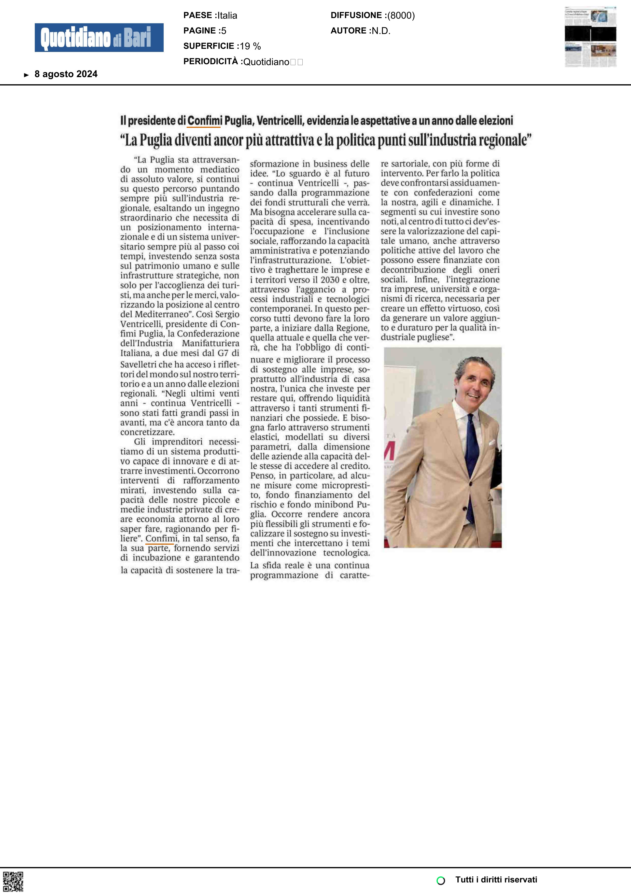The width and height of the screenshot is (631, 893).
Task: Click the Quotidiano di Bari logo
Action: pyautogui.click(x=99, y=38)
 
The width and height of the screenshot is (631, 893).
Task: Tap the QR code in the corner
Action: pyautogui.click(x=13, y=881)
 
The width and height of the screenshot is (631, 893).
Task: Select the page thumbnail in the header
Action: pyautogui.click(x=590, y=37)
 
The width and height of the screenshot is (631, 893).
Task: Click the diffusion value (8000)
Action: pyautogui.click(x=401, y=16)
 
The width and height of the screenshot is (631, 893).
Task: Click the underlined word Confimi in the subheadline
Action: pyautogui.click(x=204, y=121)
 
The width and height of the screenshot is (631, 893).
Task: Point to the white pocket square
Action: pyautogui.click(x=492, y=442)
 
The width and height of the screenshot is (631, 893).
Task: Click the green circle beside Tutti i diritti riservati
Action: pyautogui.click(x=441, y=880)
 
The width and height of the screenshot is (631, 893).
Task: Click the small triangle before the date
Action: pyautogui.click(x=26, y=75)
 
